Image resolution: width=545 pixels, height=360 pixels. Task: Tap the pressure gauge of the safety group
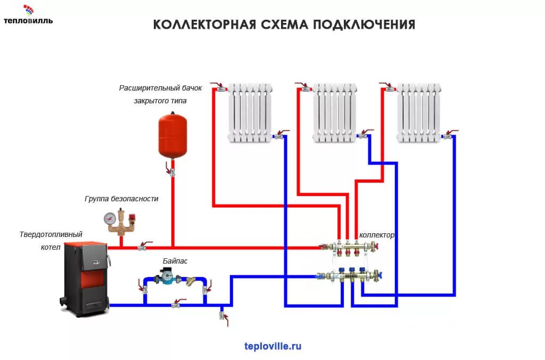110,218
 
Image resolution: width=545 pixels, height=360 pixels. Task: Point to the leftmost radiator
251,112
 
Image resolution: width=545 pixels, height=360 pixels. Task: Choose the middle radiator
335,112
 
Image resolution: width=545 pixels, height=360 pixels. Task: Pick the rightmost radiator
419,112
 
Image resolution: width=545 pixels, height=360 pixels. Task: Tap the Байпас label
175,261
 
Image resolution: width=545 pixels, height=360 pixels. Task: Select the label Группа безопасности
121,199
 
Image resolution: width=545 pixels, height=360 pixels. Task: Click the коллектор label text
377,235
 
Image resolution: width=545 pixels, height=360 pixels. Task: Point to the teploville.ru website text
273,346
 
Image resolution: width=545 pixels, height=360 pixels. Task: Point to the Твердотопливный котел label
51,240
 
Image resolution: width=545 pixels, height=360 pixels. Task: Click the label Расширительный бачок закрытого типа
153,94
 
